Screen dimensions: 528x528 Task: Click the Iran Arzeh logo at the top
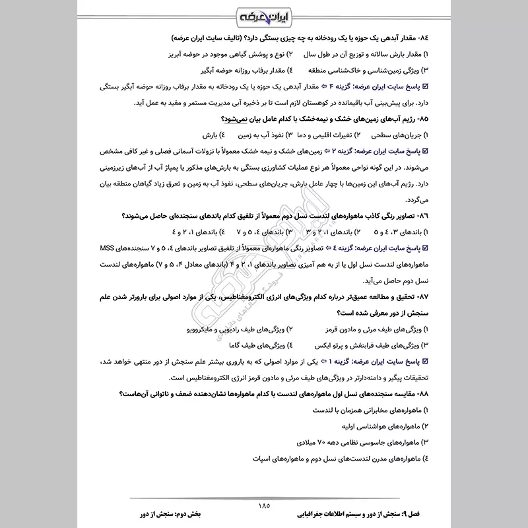(264, 15)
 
